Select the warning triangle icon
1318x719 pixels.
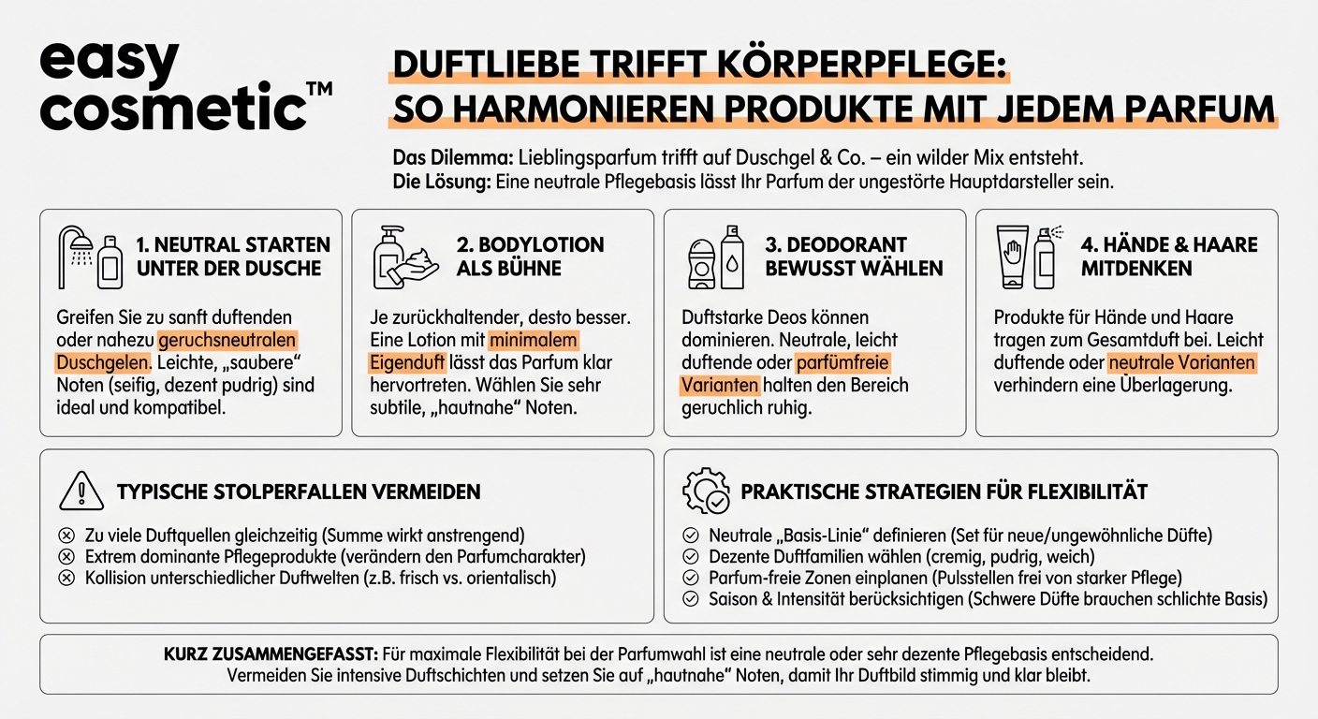(x=81, y=491)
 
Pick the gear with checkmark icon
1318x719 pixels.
(x=706, y=492)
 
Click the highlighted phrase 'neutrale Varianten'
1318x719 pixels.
(x=1181, y=362)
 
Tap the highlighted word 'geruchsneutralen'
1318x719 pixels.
(x=227, y=340)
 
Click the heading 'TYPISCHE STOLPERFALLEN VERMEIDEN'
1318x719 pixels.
(x=299, y=492)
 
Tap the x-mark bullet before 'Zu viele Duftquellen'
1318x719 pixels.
(x=66, y=536)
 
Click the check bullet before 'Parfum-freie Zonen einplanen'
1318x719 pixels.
(x=691, y=578)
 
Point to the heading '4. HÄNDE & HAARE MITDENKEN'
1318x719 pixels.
(x=1169, y=257)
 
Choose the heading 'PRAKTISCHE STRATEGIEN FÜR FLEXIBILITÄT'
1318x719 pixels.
(x=944, y=492)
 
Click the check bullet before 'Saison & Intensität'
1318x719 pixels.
(x=691, y=599)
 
